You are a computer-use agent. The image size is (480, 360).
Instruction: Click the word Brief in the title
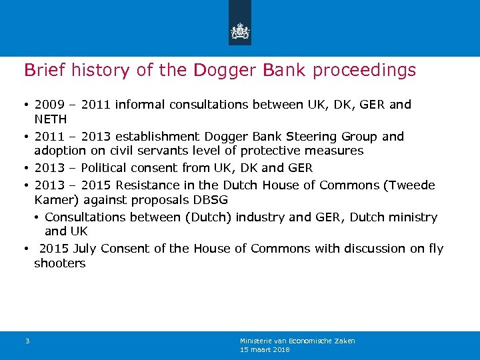pyautogui.click(x=42, y=70)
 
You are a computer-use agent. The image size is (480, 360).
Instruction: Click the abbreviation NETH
pyautogui.click(x=51, y=119)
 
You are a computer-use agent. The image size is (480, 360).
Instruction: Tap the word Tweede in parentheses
pyautogui.click(x=413, y=185)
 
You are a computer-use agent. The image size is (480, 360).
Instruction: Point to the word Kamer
pyautogui.click(x=53, y=200)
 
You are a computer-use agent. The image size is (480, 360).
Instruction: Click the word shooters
pyautogui.click(x=60, y=263)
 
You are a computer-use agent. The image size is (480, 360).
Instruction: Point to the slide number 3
pyautogui.click(x=27, y=341)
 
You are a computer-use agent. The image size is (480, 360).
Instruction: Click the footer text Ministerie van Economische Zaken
pyautogui.click(x=297, y=341)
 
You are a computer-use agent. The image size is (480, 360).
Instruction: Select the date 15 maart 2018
pyautogui.click(x=265, y=349)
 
